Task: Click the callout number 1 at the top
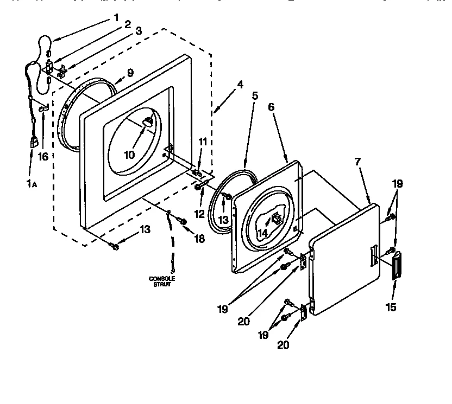tap(116, 17)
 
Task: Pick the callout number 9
tap(130, 72)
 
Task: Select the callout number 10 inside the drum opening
tap(129, 155)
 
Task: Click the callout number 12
tap(199, 214)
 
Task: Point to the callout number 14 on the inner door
tap(263, 233)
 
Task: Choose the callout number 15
tap(391, 307)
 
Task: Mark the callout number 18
tap(200, 239)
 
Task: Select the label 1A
tap(32, 183)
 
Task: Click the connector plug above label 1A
tap(33, 143)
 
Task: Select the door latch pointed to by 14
tap(276, 219)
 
